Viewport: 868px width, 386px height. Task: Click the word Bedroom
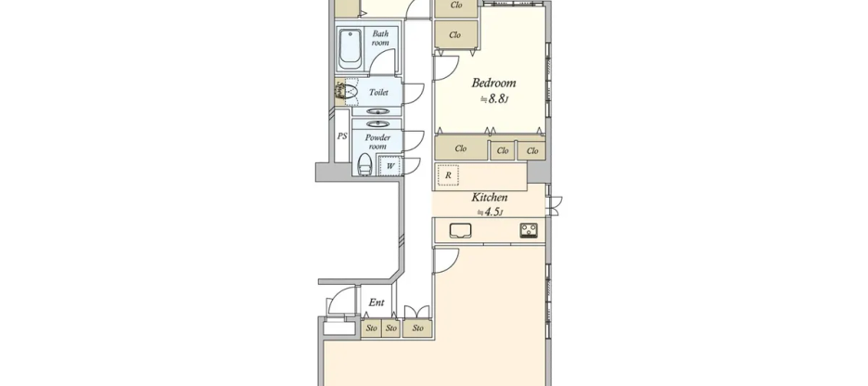pos(493,83)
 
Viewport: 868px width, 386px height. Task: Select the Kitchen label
pos(490,198)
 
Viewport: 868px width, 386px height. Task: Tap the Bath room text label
pos(380,39)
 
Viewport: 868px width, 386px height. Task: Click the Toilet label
pos(378,93)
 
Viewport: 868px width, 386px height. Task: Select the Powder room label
pos(378,142)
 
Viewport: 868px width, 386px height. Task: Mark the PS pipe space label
pos(342,136)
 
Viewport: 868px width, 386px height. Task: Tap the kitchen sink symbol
pos(461,231)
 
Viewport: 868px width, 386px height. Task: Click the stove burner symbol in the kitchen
pos(529,231)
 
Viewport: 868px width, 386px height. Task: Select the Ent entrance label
pos(377,302)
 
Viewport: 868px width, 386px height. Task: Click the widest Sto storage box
pos(418,328)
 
